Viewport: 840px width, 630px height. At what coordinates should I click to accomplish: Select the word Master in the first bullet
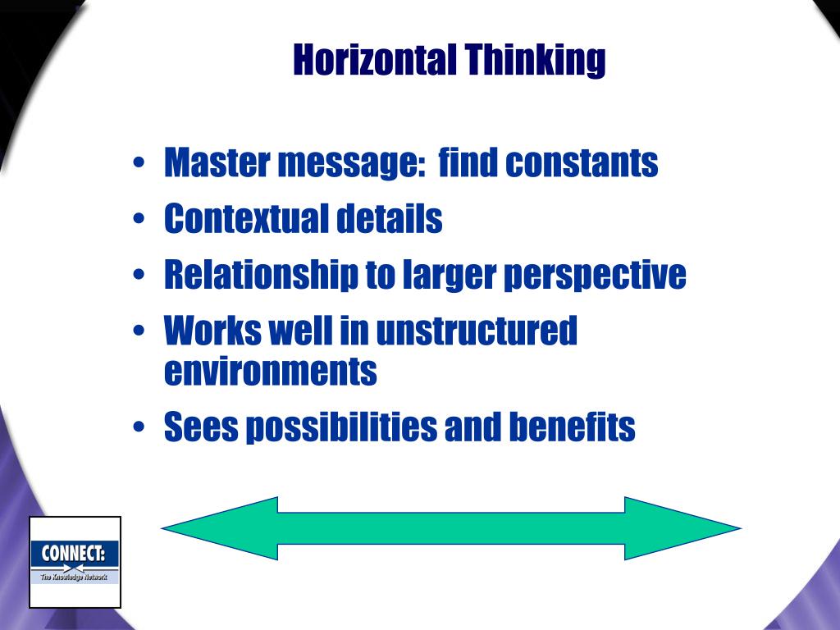[216, 162]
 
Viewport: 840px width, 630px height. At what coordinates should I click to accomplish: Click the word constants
[582, 162]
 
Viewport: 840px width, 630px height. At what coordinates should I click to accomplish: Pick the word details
[389, 219]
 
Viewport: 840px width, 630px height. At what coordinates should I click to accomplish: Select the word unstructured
[477, 331]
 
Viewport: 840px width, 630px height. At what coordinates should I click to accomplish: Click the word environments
[271, 371]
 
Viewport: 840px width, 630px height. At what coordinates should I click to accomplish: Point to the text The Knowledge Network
[75, 577]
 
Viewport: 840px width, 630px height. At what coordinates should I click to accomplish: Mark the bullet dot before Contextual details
[140, 221]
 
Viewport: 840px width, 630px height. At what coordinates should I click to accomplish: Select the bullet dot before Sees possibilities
[140, 429]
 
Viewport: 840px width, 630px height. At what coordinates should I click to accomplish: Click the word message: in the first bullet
[350, 164]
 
